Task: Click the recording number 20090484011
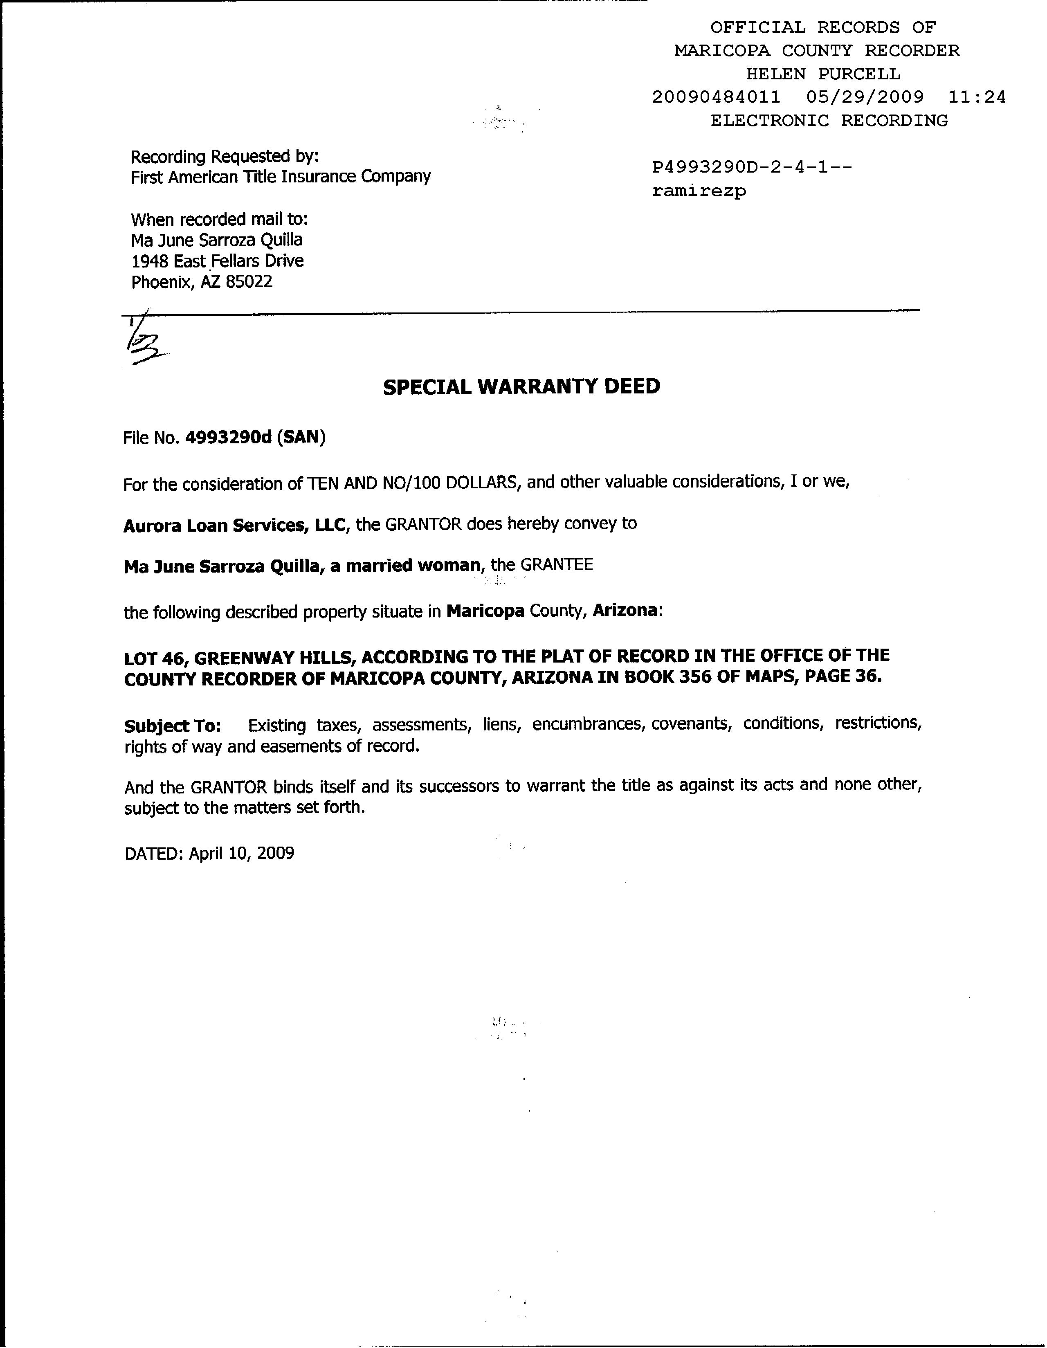[x=716, y=97]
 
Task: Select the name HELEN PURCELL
[x=823, y=74]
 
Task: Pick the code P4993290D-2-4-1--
[x=752, y=167]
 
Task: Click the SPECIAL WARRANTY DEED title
[x=521, y=387]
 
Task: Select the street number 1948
[x=149, y=261]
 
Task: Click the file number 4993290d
[x=228, y=438]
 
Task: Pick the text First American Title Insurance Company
[x=280, y=177]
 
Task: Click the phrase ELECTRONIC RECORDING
[x=829, y=120]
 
